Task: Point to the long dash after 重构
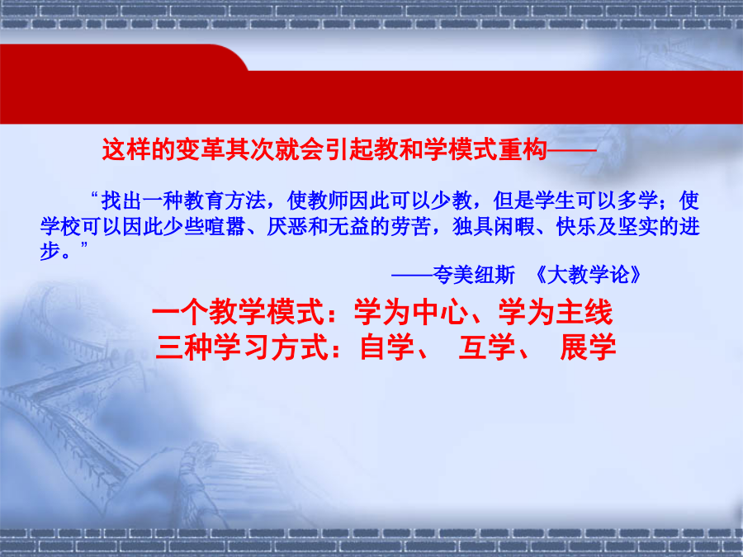point(571,150)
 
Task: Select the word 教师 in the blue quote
point(328,201)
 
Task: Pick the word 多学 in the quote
point(638,201)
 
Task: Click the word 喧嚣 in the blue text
point(225,226)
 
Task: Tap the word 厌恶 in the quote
point(286,226)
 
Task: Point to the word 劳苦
point(411,226)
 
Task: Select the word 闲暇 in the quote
point(514,226)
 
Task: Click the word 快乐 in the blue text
point(576,226)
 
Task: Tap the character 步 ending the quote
point(50,251)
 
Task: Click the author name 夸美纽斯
point(474,275)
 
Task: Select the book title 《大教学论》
point(588,275)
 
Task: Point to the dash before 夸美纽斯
point(412,275)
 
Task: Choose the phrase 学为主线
point(556,312)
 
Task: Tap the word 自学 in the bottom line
point(388,347)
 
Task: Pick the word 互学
point(486,347)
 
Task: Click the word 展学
point(588,347)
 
